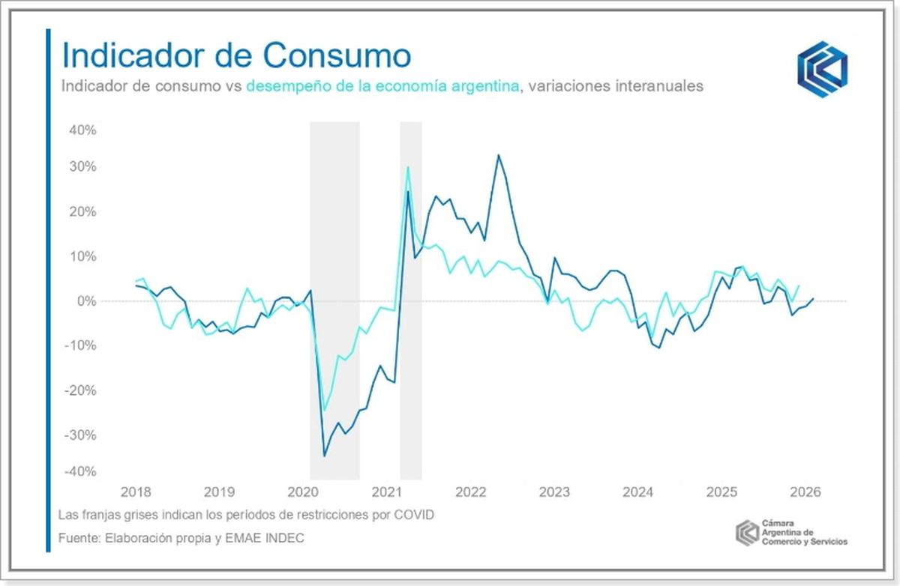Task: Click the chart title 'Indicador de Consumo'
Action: tap(235, 55)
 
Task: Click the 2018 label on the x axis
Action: tap(135, 492)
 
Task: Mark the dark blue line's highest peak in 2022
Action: tap(497, 155)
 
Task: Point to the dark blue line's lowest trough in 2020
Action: tap(324, 456)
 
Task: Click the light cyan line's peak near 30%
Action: tap(408, 166)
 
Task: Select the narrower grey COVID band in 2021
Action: tap(410, 300)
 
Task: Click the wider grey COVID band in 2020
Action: tap(334, 300)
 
